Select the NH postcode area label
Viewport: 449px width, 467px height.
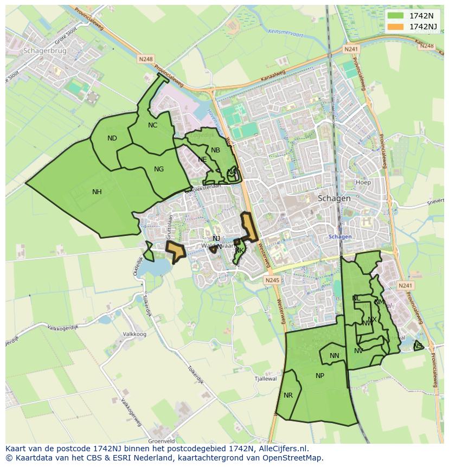(x=97, y=192)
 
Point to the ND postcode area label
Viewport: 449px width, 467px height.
(x=112, y=138)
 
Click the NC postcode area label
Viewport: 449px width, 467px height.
(x=152, y=125)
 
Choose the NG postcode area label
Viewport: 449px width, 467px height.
(x=159, y=169)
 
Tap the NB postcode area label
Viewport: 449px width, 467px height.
(x=216, y=150)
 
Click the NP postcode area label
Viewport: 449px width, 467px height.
(x=320, y=376)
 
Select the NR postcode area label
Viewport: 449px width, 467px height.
(x=288, y=395)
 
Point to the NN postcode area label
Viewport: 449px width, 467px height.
(x=335, y=356)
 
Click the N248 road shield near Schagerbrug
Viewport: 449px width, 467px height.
(x=146, y=59)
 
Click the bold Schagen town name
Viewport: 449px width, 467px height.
(x=334, y=199)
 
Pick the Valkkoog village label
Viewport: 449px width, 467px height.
(x=134, y=335)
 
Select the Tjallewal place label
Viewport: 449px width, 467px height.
(x=266, y=379)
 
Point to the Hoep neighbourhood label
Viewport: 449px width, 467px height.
(x=363, y=182)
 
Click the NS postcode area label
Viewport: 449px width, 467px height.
(x=418, y=346)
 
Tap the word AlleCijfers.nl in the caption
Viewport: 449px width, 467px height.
(x=283, y=449)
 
